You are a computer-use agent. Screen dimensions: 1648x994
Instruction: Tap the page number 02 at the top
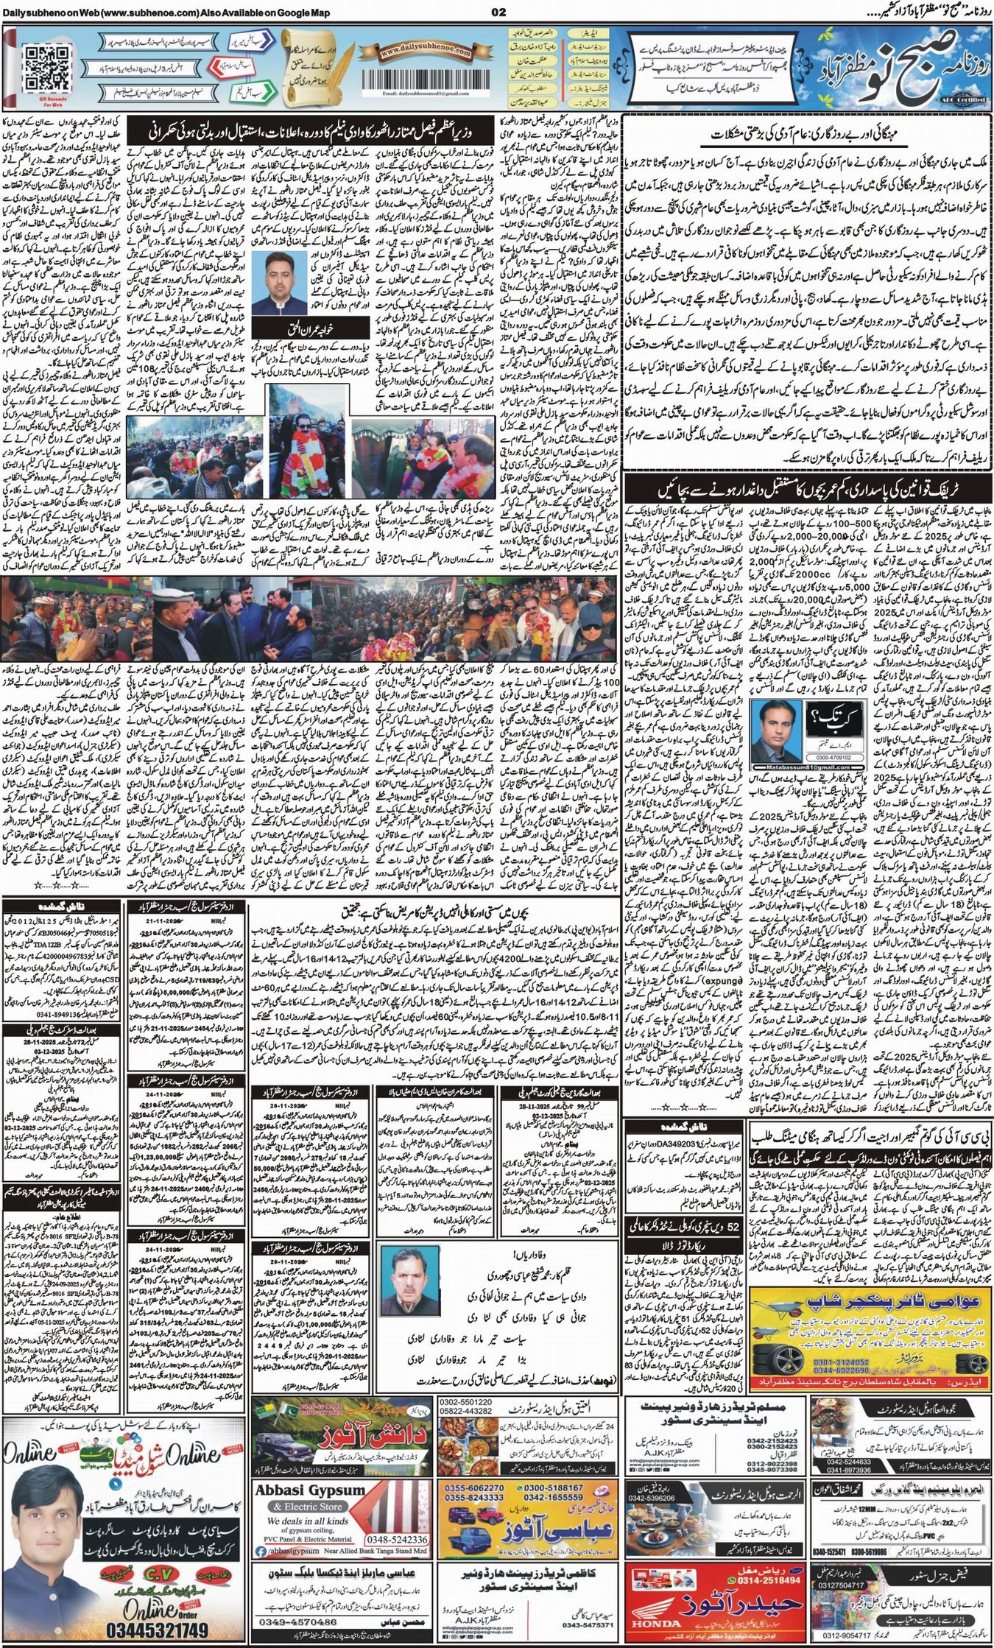pos(498,13)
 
